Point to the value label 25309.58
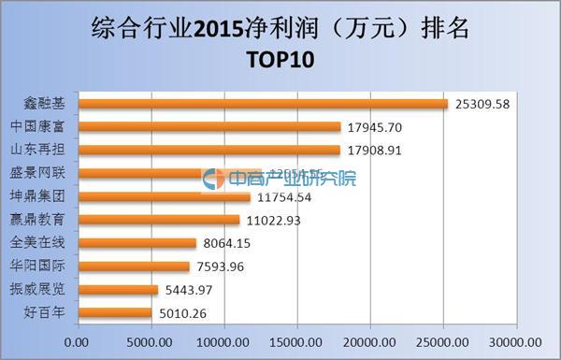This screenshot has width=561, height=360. pyautogui.click(x=482, y=104)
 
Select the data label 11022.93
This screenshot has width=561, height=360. pyautogui.click(x=273, y=220)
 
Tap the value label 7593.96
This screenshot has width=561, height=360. pyautogui.click(x=223, y=266)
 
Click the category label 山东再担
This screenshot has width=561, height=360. pyautogui.click(x=43, y=150)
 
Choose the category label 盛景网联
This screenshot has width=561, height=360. pyautogui.click(x=43, y=174)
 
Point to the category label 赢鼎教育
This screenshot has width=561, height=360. pyautogui.click(x=43, y=220)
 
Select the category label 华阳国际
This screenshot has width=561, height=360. pyautogui.click(x=43, y=266)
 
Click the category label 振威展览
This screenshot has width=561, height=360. pyautogui.click(x=43, y=290)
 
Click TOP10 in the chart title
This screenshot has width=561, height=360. pyautogui.click(x=280, y=60)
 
